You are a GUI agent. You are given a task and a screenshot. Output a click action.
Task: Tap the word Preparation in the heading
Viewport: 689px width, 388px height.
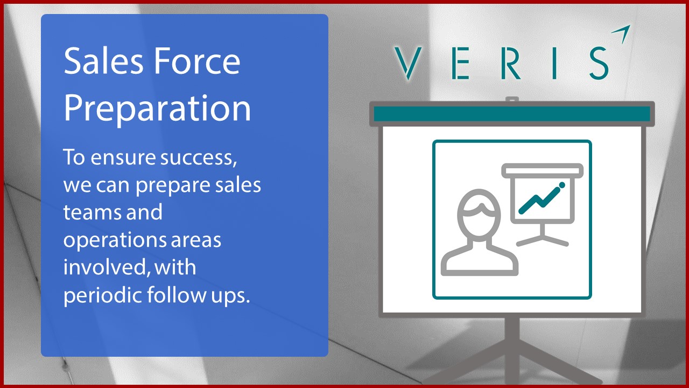157,108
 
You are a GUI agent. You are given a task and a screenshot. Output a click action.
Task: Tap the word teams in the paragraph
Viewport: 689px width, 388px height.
90,212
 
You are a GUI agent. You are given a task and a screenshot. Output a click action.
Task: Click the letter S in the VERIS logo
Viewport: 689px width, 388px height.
599,63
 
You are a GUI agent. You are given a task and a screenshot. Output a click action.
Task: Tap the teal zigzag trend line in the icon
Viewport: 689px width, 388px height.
540,197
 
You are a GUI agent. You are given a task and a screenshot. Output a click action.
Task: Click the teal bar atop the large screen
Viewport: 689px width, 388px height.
511,114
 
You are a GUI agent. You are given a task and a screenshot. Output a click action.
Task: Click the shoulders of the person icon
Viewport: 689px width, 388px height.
479,261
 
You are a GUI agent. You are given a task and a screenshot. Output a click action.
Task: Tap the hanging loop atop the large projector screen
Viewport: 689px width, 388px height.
512,100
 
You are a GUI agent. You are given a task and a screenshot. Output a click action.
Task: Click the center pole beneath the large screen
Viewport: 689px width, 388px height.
512,345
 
